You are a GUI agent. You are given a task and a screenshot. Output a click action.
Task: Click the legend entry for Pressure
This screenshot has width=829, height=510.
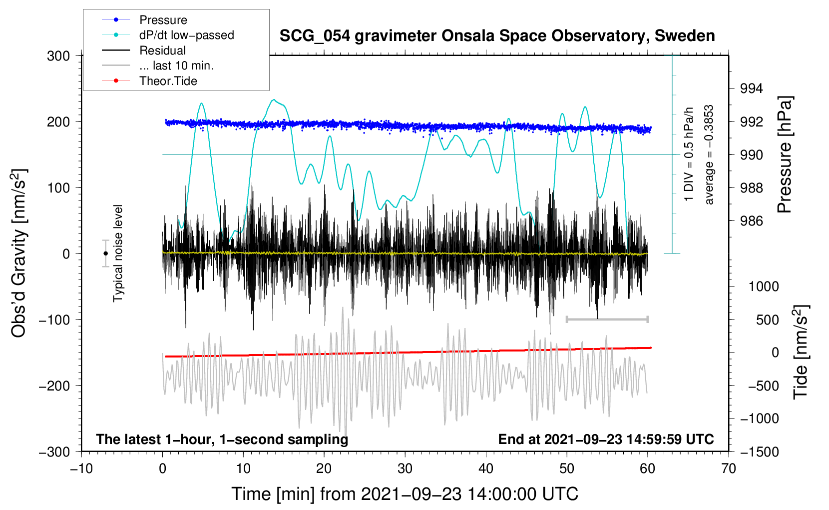(x=145, y=20)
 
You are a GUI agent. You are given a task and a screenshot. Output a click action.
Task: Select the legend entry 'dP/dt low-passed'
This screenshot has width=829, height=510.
(x=168, y=35)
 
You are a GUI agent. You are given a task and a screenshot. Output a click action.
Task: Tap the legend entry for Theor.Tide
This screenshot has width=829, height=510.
(x=149, y=81)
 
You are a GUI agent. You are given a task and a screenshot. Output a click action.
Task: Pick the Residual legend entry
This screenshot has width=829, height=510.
(x=144, y=50)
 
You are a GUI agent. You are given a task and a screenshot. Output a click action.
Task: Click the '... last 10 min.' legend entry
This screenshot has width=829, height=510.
(x=158, y=65)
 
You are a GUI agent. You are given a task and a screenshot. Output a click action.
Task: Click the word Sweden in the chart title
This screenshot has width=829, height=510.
(x=685, y=36)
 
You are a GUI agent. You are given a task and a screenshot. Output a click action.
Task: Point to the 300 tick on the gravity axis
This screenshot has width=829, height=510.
(x=58, y=56)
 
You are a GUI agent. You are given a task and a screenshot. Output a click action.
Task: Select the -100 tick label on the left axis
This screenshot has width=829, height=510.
(x=54, y=319)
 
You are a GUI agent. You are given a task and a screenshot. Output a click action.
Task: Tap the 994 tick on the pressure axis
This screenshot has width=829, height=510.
(x=751, y=88)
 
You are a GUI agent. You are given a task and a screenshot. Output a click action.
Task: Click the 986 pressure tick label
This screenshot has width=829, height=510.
(x=751, y=221)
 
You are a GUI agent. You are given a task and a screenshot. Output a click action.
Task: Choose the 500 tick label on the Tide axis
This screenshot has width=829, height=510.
(x=768, y=320)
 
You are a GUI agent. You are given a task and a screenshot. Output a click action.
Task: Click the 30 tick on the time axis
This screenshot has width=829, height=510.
(x=405, y=469)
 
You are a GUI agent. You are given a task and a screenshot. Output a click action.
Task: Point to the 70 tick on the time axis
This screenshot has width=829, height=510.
(x=728, y=469)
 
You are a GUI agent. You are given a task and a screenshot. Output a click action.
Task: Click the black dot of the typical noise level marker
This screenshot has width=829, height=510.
(x=105, y=253)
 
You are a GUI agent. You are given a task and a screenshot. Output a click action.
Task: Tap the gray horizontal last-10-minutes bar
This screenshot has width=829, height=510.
(x=607, y=319)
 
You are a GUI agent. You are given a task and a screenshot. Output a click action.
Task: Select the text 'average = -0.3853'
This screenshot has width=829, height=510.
(x=709, y=154)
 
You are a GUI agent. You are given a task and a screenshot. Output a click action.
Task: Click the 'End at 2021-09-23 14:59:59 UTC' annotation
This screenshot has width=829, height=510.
(x=606, y=439)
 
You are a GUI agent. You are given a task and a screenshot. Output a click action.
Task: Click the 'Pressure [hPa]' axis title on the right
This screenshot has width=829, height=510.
(x=785, y=154)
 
